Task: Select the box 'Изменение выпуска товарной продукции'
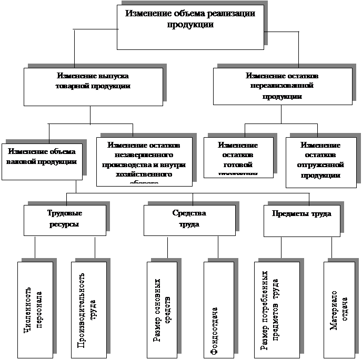(x=93, y=86)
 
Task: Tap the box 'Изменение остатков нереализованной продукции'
(x=282, y=86)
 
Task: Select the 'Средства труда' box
(x=189, y=220)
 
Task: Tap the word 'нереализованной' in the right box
(x=282, y=86)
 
